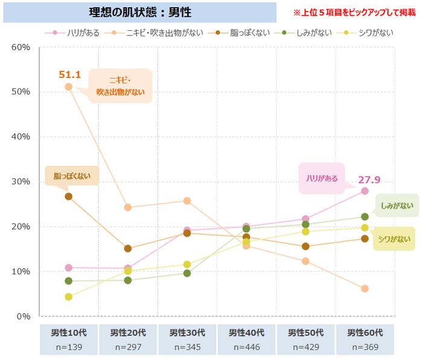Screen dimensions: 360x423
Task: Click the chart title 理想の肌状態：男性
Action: pos(140,12)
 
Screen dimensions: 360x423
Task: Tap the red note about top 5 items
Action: pos(354,12)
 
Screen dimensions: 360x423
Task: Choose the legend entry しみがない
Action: pos(306,33)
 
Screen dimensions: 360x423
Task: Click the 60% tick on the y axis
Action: pos(21,47)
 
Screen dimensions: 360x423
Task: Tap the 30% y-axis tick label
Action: pos(21,182)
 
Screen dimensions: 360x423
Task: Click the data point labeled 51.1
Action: pos(68,87)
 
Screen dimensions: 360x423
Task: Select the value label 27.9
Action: pos(369,180)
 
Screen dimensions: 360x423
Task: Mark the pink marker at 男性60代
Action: pos(364,191)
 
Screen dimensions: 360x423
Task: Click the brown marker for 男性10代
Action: pos(68,196)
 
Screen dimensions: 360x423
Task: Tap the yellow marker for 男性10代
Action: pos(68,297)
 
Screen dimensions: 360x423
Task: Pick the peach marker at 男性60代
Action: pos(364,289)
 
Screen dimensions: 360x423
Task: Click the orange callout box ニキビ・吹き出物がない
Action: pos(121,86)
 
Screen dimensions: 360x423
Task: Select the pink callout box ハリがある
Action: pos(321,178)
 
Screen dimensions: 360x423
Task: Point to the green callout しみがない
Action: pos(397,206)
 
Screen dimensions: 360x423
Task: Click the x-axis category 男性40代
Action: pos(246,333)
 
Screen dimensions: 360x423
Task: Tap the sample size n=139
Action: pos(68,347)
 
